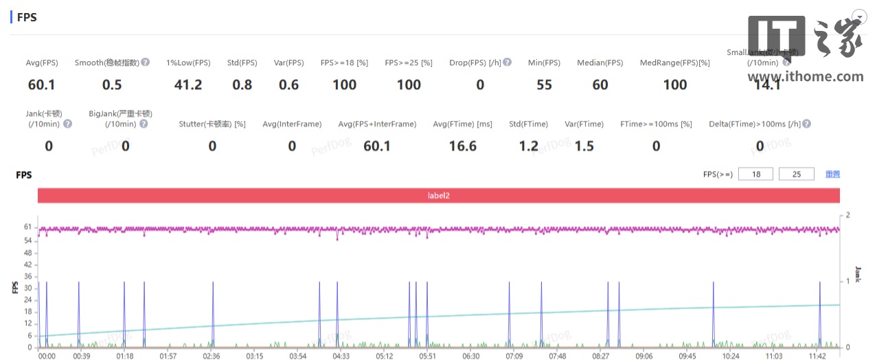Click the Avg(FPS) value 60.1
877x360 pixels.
(x=41, y=85)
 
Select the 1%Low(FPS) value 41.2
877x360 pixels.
(x=188, y=85)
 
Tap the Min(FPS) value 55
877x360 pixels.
(x=544, y=85)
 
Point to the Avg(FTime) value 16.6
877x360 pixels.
(x=463, y=146)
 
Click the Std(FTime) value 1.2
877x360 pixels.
(x=528, y=146)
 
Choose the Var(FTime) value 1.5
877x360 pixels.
(x=584, y=146)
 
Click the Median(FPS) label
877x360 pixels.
(x=600, y=63)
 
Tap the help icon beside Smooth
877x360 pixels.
(x=146, y=63)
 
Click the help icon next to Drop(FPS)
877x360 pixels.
(x=507, y=63)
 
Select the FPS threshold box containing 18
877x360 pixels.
(x=755, y=175)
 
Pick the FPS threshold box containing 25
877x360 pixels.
(x=796, y=175)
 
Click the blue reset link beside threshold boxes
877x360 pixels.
(x=832, y=175)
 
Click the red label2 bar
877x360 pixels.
(x=438, y=196)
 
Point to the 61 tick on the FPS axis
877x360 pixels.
(x=27, y=227)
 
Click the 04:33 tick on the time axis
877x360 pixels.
(x=341, y=356)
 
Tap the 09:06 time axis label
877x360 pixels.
(x=643, y=356)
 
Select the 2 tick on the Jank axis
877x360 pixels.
(x=847, y=216)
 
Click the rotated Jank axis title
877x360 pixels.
(x=858, y=274)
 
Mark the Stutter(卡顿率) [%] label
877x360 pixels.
(x=212, y=124)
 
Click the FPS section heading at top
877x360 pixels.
(x=26, y=17)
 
